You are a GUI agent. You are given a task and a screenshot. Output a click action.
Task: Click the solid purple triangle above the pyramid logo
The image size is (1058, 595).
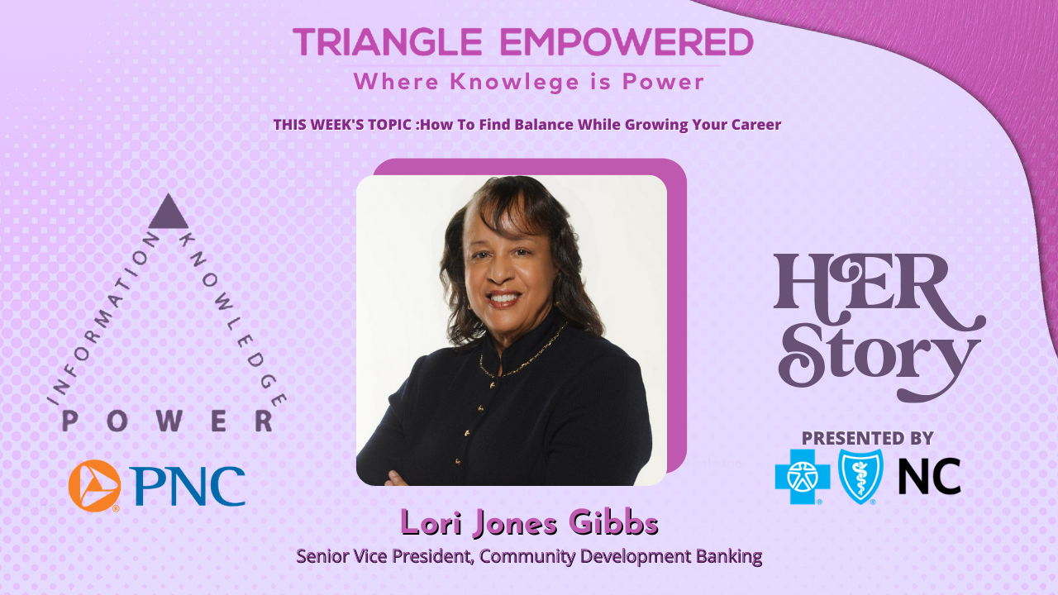169,213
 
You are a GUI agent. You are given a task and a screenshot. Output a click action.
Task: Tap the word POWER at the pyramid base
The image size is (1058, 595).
168,421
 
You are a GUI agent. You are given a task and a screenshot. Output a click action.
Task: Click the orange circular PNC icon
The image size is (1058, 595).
94,485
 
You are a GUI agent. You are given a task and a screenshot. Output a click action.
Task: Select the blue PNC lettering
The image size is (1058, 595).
188,486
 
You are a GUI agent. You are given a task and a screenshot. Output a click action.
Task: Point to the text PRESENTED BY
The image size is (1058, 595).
867,438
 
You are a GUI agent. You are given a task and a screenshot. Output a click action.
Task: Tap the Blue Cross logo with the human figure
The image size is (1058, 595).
802,477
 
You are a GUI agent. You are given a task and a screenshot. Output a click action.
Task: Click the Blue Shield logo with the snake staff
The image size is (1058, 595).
860,477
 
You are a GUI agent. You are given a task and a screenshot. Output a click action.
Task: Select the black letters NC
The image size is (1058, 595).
929,477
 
